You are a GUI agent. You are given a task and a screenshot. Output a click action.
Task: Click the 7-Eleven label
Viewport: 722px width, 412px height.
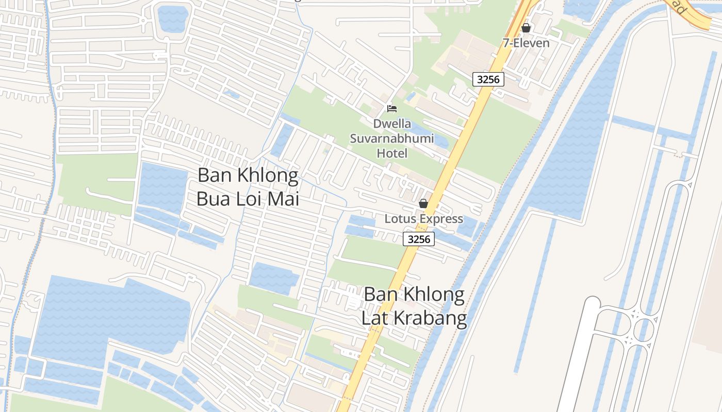tap(526, 43)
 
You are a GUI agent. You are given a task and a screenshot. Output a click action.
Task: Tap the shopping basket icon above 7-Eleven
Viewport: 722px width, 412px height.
tap(526, 28)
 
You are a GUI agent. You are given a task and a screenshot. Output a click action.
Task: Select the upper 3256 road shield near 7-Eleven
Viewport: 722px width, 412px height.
tap(488, 79)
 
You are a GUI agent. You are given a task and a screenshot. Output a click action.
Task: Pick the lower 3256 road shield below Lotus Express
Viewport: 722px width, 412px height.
tap(418, 239)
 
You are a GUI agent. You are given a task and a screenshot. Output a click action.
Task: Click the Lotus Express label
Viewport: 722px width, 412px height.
tap(424, 219)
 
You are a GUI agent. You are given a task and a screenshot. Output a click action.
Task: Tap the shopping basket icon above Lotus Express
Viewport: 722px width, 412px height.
tap(423, 204)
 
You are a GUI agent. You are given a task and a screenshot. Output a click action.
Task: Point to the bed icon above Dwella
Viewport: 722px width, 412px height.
tap(392, 109)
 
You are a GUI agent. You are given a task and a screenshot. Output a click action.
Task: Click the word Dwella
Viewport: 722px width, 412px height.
tap(392, 124)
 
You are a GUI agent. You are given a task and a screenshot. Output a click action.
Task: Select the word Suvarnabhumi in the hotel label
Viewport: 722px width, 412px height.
tap(392, 139)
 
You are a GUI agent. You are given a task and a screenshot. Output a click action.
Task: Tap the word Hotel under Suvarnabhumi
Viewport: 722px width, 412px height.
tap(392, 153)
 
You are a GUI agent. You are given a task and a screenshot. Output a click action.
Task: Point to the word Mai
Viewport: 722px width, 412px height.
tap(282, 199)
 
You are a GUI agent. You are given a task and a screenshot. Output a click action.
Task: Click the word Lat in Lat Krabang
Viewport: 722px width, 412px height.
tap(373, 318)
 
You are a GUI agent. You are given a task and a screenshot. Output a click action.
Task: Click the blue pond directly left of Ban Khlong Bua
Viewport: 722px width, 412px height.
tap(162, 188)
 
